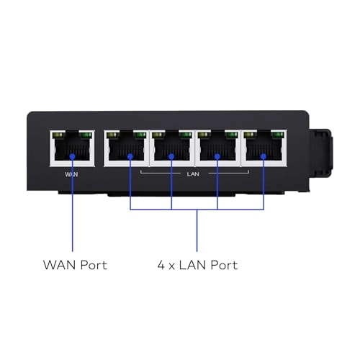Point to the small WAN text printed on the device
(x=73, y=174)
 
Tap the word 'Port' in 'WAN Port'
(x=92, y=265)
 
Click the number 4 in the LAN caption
(x=160, y=265)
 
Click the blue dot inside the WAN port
(x=73, y=154)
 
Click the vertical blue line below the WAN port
(x=73, y=209)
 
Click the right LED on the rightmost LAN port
(x=278, y=135)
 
